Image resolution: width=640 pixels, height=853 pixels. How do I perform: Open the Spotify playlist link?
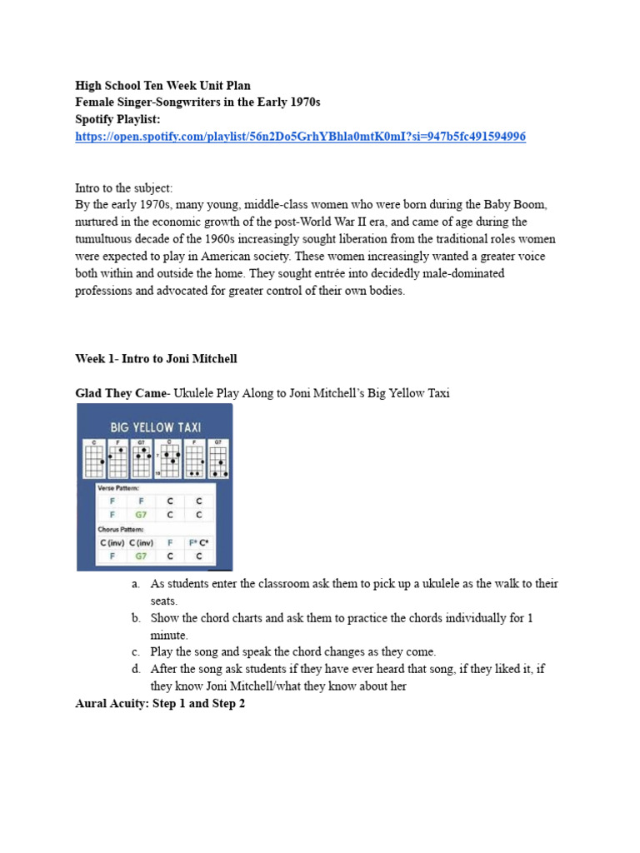coord(300,137)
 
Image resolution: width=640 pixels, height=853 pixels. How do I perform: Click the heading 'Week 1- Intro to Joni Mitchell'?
coord(156,359)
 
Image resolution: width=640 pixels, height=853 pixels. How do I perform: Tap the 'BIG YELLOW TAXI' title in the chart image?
coord(156,427)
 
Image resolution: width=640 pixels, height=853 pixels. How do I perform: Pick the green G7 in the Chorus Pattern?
coord(141,556)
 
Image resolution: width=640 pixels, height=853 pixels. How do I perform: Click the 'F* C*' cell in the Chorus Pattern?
coord(198,542)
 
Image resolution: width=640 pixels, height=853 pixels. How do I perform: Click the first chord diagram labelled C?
coord(94,457)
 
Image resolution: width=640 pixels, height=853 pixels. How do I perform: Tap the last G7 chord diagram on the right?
coord(217,457)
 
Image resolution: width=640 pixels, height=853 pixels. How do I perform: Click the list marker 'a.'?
coord(136,584)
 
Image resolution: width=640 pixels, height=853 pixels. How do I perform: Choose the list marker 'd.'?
coord(136,669)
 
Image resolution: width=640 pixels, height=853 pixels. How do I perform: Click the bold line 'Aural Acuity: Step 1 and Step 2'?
coord(160,704)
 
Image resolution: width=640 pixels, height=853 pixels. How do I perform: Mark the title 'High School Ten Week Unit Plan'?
coord(162,85)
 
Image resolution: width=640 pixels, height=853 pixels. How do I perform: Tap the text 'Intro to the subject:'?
coord(123,188)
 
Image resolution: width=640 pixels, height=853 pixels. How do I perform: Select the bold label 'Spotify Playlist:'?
coord(117,119)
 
